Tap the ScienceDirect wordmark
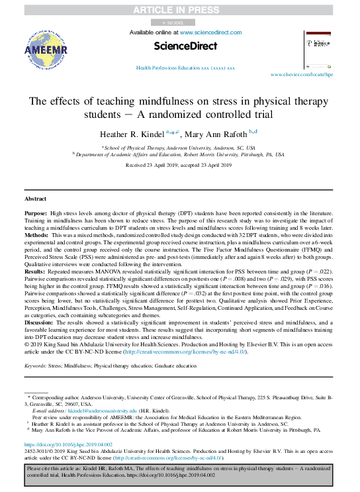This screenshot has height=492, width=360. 185,46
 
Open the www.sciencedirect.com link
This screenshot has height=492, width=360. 210,32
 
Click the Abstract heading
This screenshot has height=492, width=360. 35,199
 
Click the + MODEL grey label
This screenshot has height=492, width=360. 173,22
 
